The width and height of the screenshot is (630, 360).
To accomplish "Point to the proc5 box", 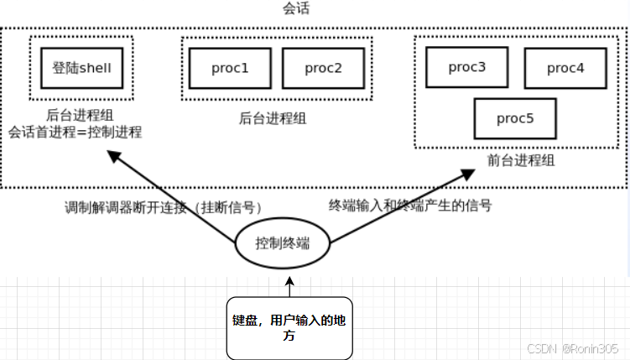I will tap(515, 118).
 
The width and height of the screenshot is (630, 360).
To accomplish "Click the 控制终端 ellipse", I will tap(283, 243).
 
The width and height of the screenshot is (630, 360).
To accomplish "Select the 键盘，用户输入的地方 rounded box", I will tap(289, 328).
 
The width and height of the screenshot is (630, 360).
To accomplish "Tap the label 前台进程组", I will tap(520, 159).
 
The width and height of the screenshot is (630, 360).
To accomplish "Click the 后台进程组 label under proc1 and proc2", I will tap(273, 118).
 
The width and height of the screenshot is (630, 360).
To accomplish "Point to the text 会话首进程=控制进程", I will tap(75, 132).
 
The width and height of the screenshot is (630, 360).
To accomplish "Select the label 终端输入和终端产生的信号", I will tap(409, 205).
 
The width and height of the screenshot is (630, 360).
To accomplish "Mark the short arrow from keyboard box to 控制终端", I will tap(289, 288).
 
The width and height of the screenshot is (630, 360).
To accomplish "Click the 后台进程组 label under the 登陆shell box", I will tap(81, 116).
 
